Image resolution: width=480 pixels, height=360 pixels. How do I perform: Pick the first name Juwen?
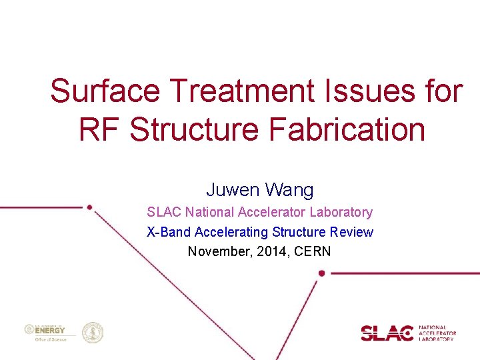(x=233, y=190)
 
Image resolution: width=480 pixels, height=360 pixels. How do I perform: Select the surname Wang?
(x=289, y=190)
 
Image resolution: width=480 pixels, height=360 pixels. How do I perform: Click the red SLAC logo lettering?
(x=387, y=333)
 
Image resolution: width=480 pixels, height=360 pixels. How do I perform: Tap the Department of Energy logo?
(x=45, y=332)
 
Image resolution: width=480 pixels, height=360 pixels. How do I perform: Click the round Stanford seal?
(x=92, y=332)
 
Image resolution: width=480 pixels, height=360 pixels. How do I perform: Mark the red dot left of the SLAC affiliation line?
(x=89, y=207)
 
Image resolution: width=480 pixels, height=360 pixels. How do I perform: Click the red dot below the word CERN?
(x=321, y=273)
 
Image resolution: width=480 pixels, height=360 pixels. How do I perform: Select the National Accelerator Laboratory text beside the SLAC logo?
(x=437, y=333)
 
